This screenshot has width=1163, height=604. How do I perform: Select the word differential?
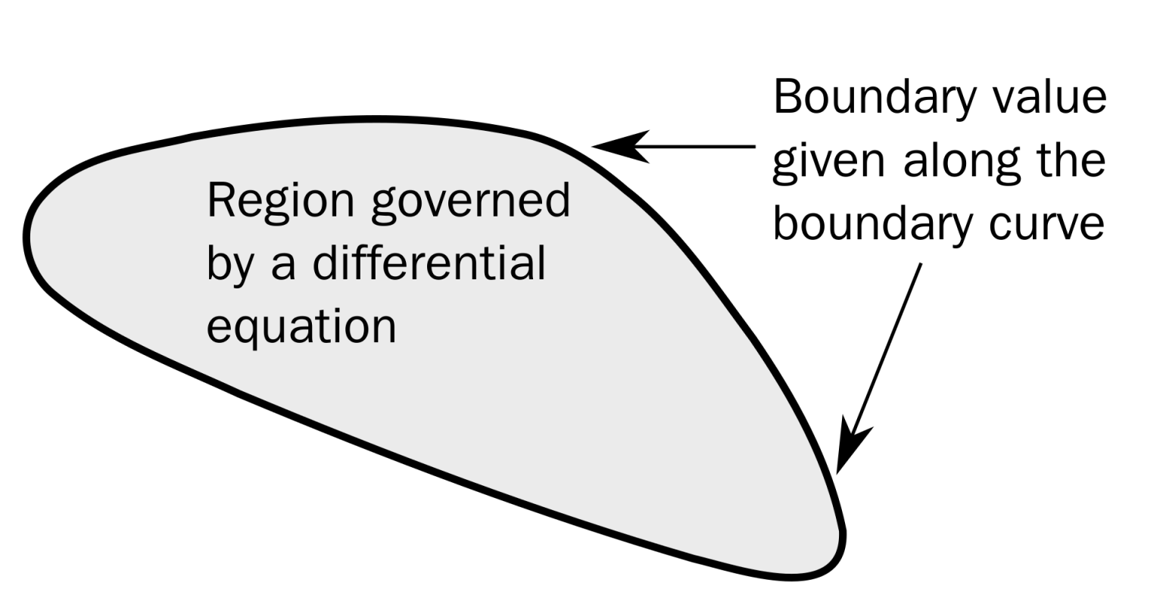[x=429, y=263]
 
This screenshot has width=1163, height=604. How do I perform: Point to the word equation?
[x=301, y=326]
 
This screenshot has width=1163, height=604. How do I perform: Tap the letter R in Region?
[x=220, y=201]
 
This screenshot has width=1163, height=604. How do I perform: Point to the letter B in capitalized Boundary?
[x=787, y=98]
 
